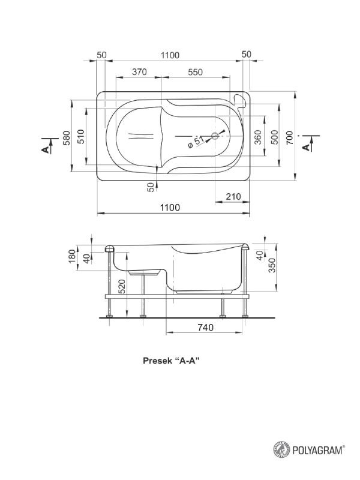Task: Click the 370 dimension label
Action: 139,72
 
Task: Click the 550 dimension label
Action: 196,72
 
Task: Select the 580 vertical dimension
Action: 67,138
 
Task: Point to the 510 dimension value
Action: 80,136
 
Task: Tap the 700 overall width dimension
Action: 290,137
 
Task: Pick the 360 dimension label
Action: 258,137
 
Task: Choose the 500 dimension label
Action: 275,137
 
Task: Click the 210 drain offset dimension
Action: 233,197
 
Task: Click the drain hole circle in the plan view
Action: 215,135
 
